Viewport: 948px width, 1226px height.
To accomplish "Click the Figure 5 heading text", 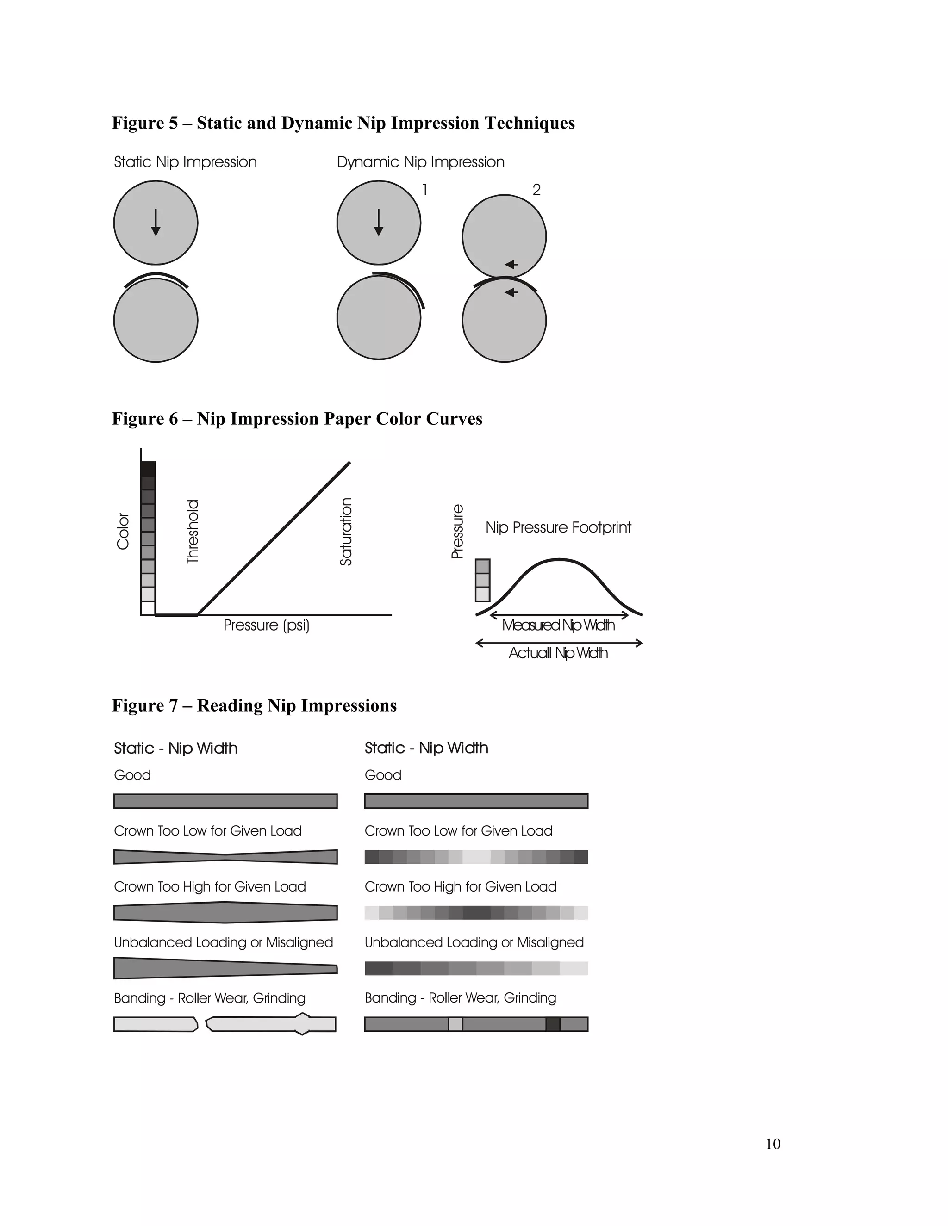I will (x=343, y=123).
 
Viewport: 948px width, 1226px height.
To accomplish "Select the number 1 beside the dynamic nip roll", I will (x=425, y=190).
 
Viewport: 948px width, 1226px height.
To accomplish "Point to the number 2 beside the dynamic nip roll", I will (x=536, y=190).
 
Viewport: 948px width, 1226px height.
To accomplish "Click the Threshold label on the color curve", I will (x=193, y=531).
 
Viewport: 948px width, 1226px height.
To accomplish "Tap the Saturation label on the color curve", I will (x=346, y=531).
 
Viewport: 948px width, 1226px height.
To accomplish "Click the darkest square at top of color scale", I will (x=148, y=469).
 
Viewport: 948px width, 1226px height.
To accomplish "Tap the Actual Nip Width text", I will (x=558, y=653).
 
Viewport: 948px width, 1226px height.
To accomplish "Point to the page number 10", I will (x=773, y=1144).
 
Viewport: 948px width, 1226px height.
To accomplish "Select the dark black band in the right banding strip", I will (x=553, y=1024).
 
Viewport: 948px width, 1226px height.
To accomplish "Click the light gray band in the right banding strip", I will (x=455, y=1024).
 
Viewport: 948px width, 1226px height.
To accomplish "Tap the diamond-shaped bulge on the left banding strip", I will (x=302, y=1024).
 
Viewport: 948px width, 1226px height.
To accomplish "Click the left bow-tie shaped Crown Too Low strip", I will (x=225, y=857).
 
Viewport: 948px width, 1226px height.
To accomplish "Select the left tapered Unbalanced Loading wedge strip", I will (x=225, y=968).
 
